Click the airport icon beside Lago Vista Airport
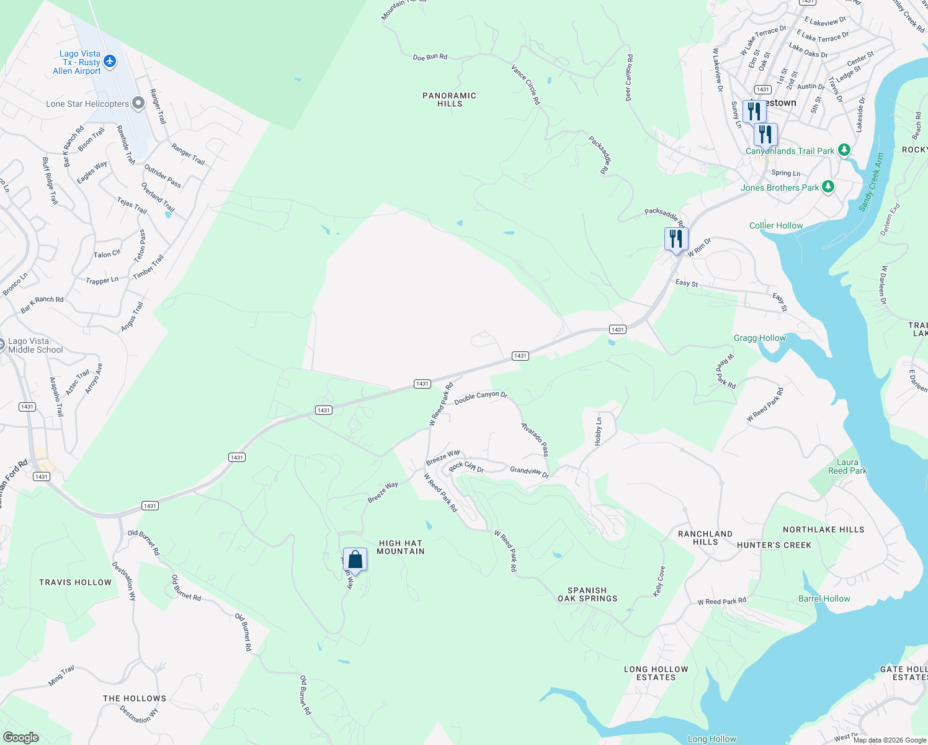coord(110,61)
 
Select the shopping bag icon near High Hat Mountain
coord(355,559)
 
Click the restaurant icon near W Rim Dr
coord(676,239)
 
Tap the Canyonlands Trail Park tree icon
coord(844,150)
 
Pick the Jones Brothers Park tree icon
coord(828,187)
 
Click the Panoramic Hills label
coord(449,100)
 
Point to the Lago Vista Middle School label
coord(35,346)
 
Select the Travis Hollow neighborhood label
coord(75,582)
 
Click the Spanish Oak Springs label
coord(587,595)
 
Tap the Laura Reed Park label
coord(847,466)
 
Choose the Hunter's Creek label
coord(774,545)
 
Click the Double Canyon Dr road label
coord(481,397)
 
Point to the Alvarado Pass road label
coord(535,439)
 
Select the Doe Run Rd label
coord(430,57)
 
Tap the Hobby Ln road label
coord(599,431)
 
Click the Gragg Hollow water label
coord(759,338)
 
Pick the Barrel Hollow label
coord(824,599)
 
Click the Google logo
coord(21,738)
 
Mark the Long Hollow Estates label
coord(656,674)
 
